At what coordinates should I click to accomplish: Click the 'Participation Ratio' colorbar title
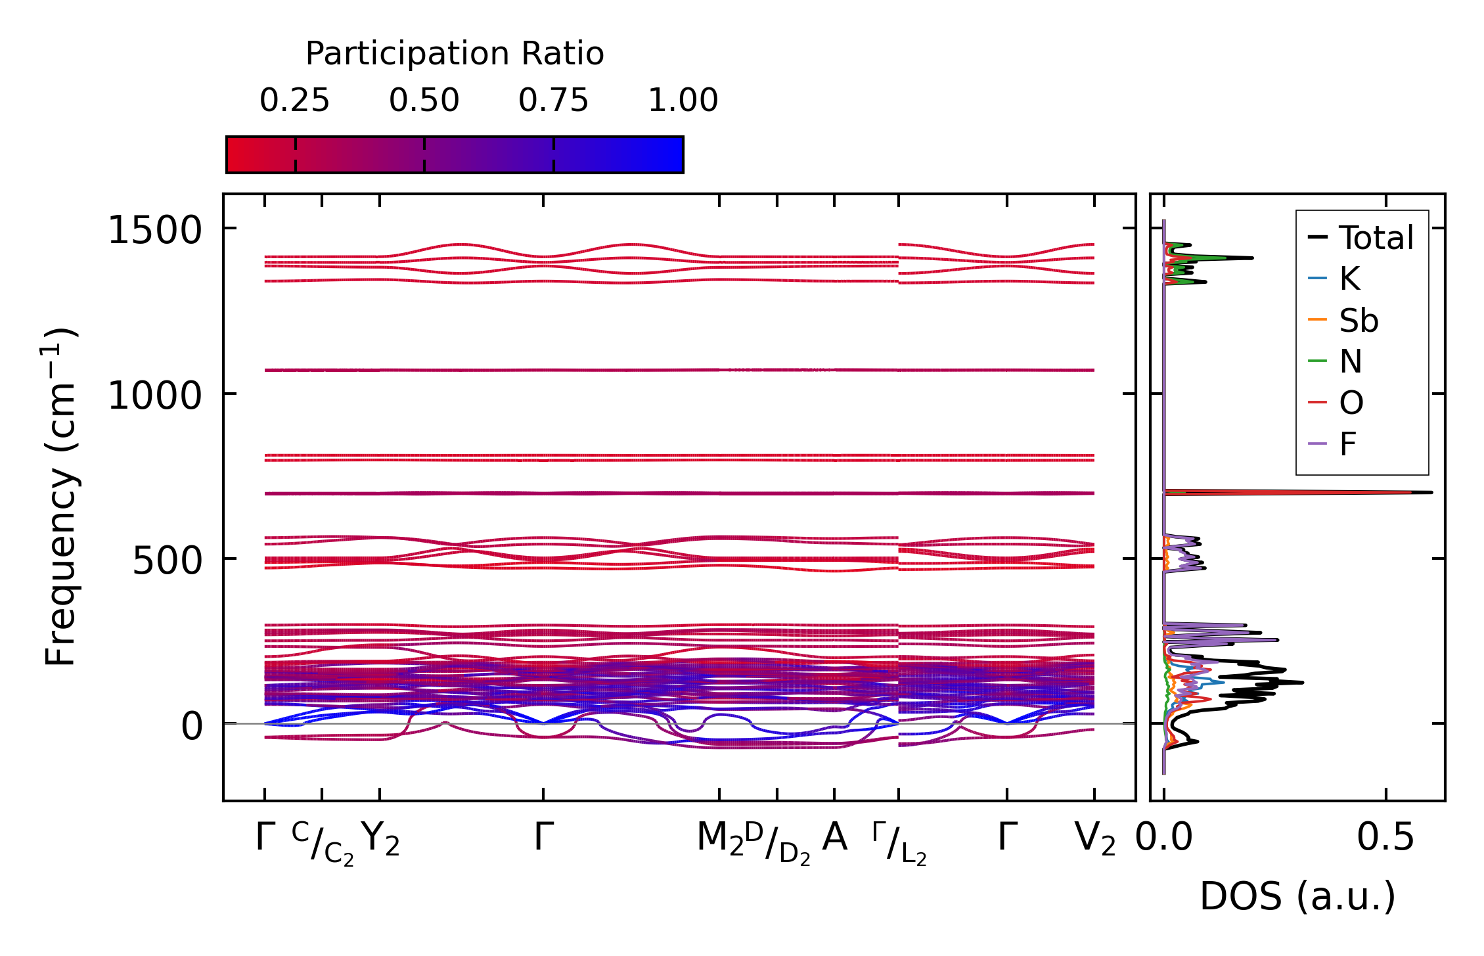455,54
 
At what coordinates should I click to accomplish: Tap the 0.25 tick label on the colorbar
294,101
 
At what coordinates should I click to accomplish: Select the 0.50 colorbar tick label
424,101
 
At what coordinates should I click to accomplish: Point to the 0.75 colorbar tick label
553,101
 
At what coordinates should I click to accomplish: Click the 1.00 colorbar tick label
683,101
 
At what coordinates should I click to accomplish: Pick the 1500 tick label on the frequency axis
154,231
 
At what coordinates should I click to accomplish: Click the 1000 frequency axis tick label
154,396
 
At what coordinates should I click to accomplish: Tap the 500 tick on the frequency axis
167,561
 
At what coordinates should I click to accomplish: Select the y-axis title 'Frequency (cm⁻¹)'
60,497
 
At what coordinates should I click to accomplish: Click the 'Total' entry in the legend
1376,238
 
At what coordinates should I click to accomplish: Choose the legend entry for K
1349,279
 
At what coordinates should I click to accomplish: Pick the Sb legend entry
1359,321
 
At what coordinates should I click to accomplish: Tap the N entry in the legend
1351,362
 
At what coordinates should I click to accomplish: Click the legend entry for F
1347,445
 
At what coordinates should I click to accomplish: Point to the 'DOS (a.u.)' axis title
1297,896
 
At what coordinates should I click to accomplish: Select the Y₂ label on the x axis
380,839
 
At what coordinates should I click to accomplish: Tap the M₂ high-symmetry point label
720,839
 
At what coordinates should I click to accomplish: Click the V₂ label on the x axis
1094,839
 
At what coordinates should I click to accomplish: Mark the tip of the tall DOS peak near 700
1431,492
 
